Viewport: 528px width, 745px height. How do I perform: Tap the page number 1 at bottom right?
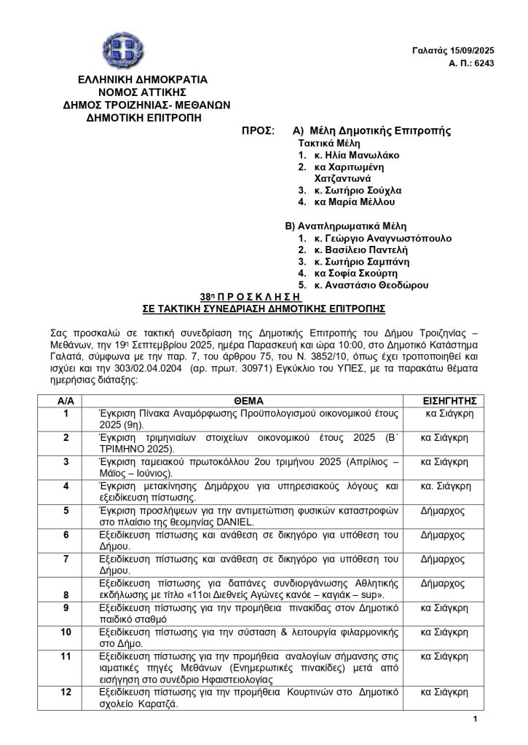(474, 720)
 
